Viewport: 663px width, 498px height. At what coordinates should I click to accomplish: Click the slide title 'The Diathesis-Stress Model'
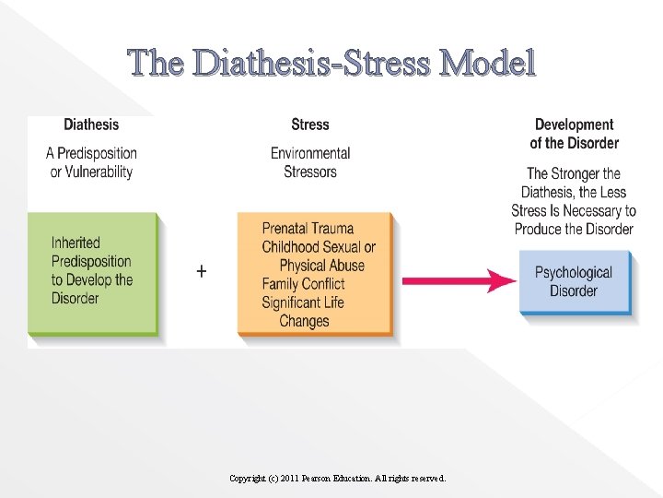pos(331,64)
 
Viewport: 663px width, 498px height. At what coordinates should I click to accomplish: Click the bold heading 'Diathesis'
pos(91,125)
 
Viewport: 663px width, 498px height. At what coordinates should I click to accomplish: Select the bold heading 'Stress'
pos(309,125)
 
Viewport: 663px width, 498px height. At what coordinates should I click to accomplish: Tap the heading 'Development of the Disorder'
pos(574,134)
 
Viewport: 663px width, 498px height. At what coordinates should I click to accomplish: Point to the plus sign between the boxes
pos(202,271)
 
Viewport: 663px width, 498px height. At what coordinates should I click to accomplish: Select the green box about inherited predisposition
pos(92,274)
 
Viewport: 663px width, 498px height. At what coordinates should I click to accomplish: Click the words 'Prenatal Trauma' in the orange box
pos(308,229)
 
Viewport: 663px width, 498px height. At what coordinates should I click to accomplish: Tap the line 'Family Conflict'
pos(303,284)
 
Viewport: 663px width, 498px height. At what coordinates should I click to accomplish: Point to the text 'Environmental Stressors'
pos(310,162)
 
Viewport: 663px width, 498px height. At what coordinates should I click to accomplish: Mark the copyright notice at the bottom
pos(337,479)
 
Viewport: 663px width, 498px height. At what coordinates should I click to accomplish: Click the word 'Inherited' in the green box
pos(76,243)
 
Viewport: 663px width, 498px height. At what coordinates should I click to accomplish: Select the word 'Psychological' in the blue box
pos(574,272)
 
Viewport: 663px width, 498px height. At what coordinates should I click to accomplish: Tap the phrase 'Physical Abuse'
pos(322,266)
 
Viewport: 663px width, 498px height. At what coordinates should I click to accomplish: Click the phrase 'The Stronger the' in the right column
pos(574,173)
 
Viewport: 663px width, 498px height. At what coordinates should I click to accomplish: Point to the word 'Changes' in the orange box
pos(304,321)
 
